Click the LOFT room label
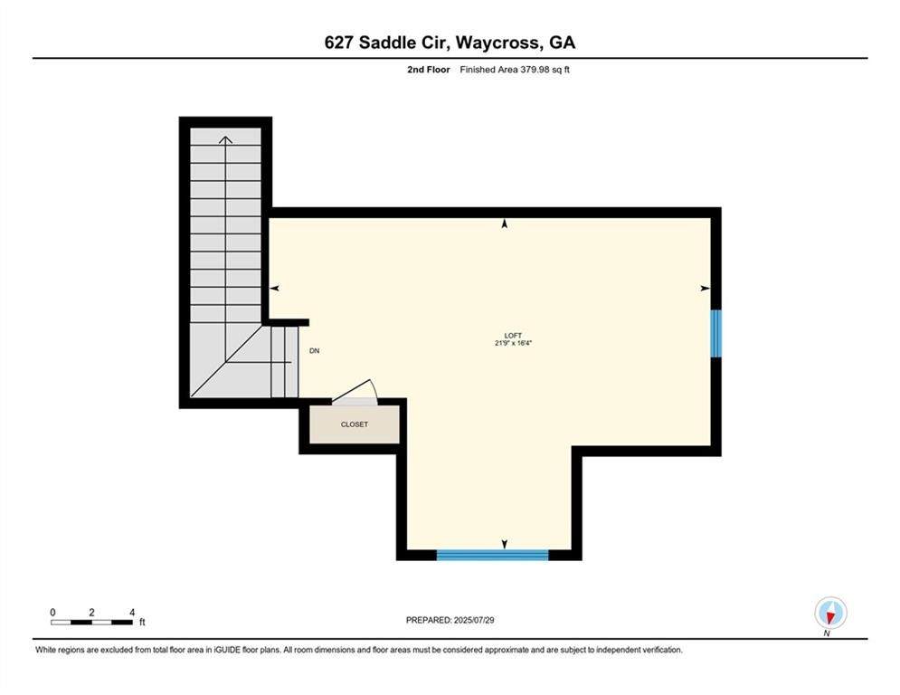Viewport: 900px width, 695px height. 513,335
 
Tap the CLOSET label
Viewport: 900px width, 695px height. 355,424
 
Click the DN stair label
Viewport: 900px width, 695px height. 314,351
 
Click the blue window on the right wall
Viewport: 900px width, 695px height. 715,334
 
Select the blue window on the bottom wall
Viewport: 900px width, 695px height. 493,555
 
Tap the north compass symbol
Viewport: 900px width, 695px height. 829,614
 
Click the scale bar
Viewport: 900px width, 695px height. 93,622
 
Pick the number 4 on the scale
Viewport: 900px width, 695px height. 132,613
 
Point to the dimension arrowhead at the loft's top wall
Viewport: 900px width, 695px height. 505,223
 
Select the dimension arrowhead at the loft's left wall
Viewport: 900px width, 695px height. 274,288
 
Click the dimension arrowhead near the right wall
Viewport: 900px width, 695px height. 706,288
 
